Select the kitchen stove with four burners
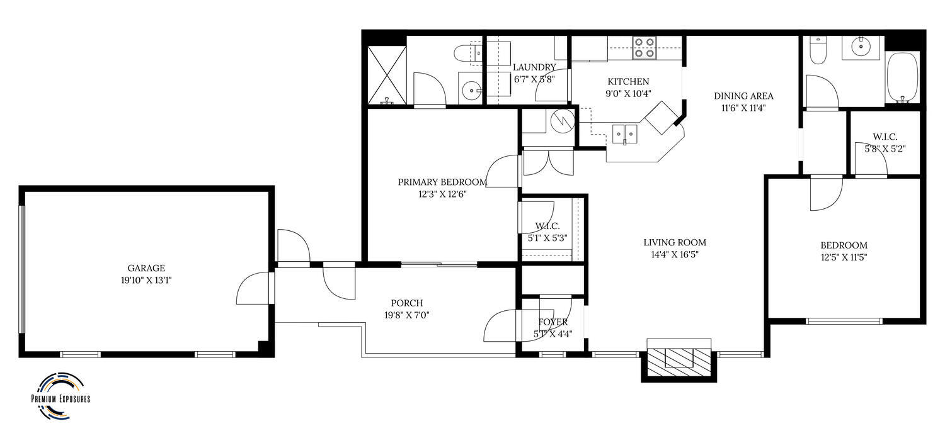tap(644, 48)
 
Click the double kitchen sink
tap(625, 134)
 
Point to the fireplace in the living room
tap(679, 359)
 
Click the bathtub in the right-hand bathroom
tap(903, 77)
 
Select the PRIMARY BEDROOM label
tap(442, 182)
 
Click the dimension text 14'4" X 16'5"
tap(675, 255)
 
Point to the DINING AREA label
tap(743, 96)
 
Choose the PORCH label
tap(406, 303)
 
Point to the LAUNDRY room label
tap(534, 67)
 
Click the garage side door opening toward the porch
tap(254, 288)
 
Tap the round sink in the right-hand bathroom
tap(860, 46)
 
